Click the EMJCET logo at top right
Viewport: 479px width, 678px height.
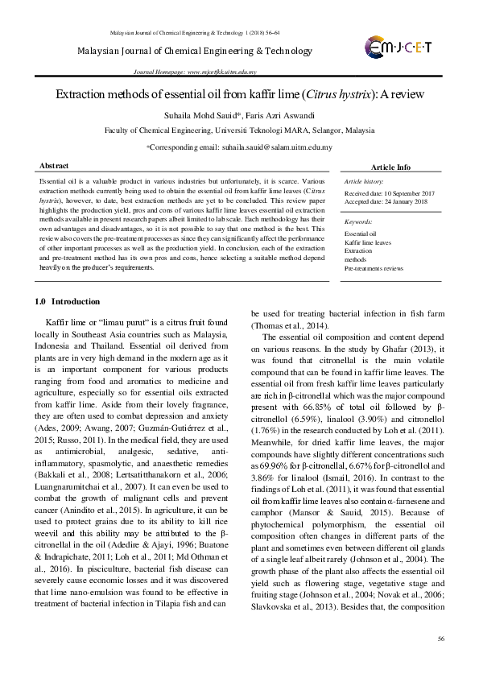click(401, 46)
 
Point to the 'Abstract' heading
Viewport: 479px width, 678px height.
click(55, 165)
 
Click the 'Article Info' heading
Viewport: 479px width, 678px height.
click(390, 167)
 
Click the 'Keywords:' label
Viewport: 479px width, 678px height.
click(358, 221)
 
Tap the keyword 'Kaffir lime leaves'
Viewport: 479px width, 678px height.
click(368, 242)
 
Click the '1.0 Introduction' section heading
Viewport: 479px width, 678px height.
click(67, 301)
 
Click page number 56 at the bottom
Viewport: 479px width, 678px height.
click(440, 639)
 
